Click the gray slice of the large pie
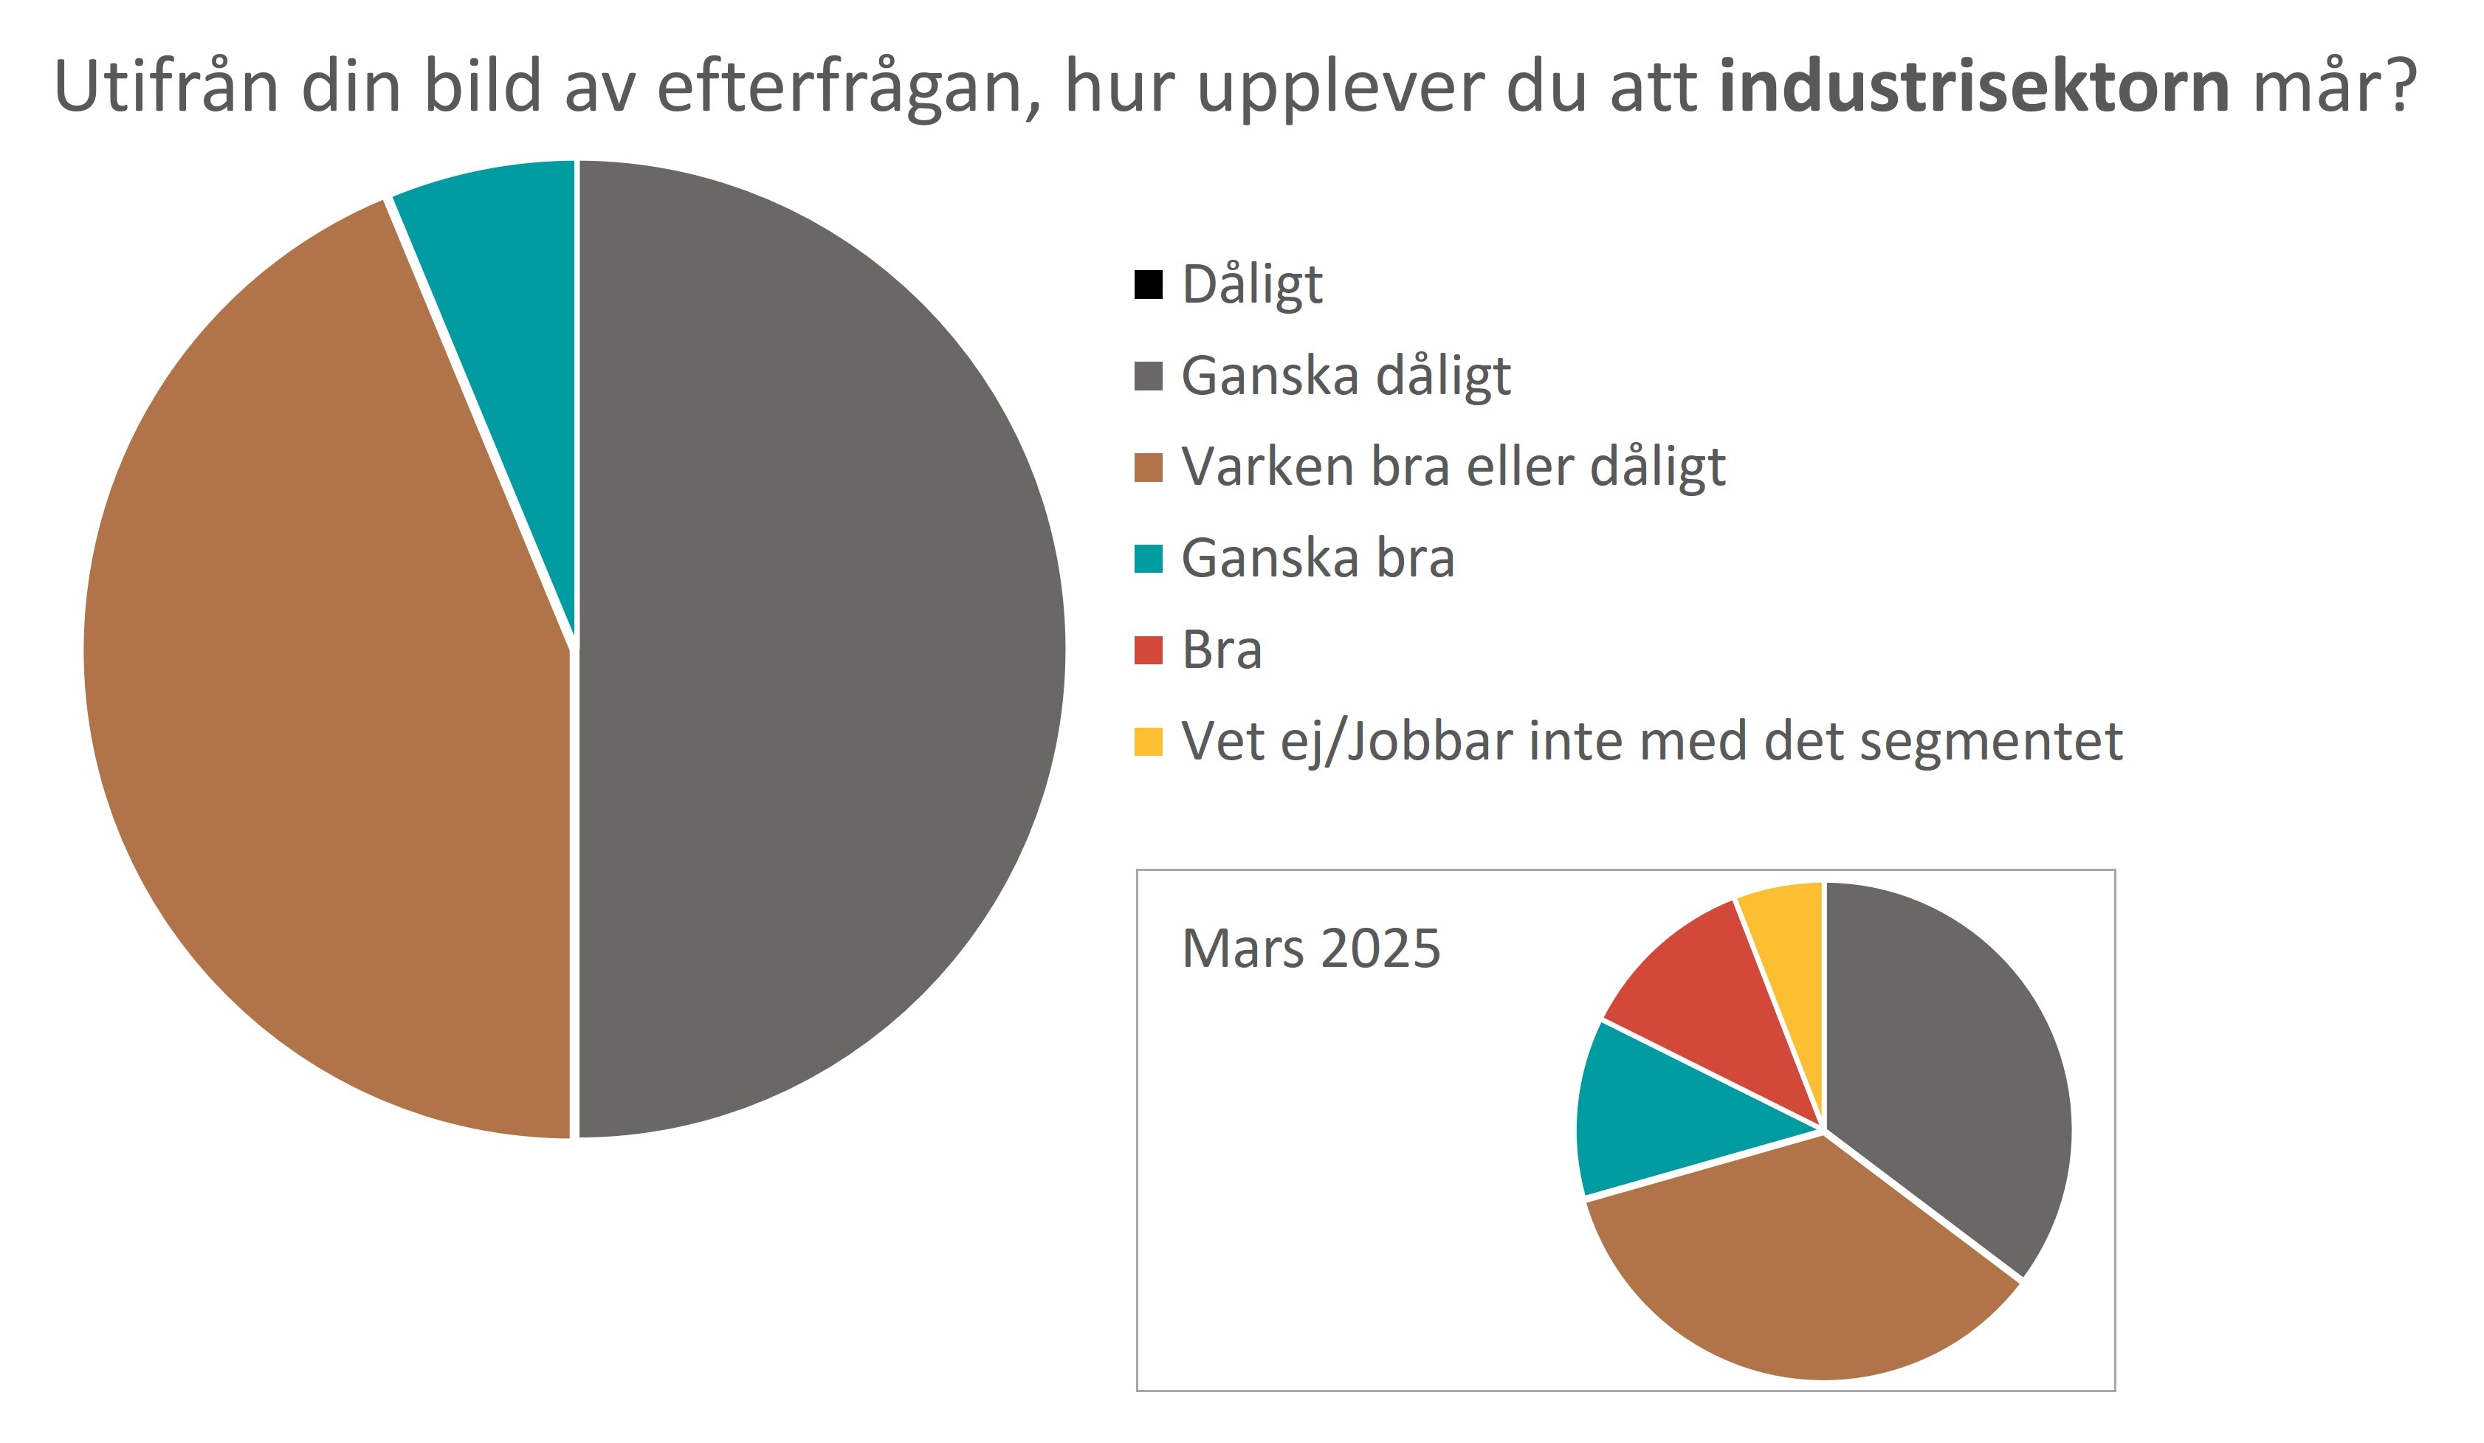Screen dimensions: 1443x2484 (818, 650)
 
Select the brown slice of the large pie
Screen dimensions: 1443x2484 (326, 690)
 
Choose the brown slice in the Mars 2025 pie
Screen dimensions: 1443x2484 (1794, 1272)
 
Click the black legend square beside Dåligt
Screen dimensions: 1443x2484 (1149, 285)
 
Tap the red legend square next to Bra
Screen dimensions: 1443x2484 (1149, 650)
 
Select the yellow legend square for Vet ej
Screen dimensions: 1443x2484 (1149, 741)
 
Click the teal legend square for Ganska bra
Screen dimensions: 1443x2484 (1149, 559)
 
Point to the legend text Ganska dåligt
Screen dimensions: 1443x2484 (1346, 376)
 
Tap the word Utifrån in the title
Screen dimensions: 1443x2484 (165, 87)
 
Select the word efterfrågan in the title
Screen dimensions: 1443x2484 (847, 87)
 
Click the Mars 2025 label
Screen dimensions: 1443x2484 (1310, 948)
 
